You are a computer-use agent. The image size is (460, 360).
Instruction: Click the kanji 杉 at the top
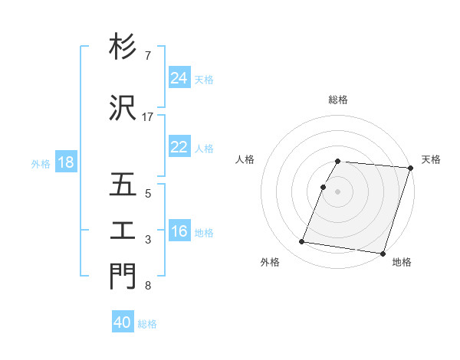point(123,47)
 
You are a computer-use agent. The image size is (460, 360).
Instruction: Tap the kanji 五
point(123,186)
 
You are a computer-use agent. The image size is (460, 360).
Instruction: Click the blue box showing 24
point(179,78)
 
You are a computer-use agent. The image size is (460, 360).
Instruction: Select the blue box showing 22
point(179,147)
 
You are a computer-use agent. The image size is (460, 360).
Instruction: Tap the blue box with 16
point(179,231)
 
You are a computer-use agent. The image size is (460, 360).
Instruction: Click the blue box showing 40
point(123,322)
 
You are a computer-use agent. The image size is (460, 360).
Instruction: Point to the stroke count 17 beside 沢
point(148,117)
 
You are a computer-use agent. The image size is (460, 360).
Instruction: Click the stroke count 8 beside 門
point(147,286)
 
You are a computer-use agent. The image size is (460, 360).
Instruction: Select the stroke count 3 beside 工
point(147,240)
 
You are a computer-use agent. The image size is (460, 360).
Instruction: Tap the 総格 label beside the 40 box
point(147,323)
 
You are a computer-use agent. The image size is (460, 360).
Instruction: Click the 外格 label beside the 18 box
point(40,163)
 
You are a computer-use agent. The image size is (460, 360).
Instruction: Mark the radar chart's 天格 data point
point(411,168)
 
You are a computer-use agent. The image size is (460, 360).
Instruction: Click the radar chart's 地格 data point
point(382,253)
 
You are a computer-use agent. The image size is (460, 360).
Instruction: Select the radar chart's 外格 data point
point(301,242)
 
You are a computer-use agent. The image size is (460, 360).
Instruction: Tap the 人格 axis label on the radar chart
point(245,159)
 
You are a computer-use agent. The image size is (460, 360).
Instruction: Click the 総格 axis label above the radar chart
point(338,100)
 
